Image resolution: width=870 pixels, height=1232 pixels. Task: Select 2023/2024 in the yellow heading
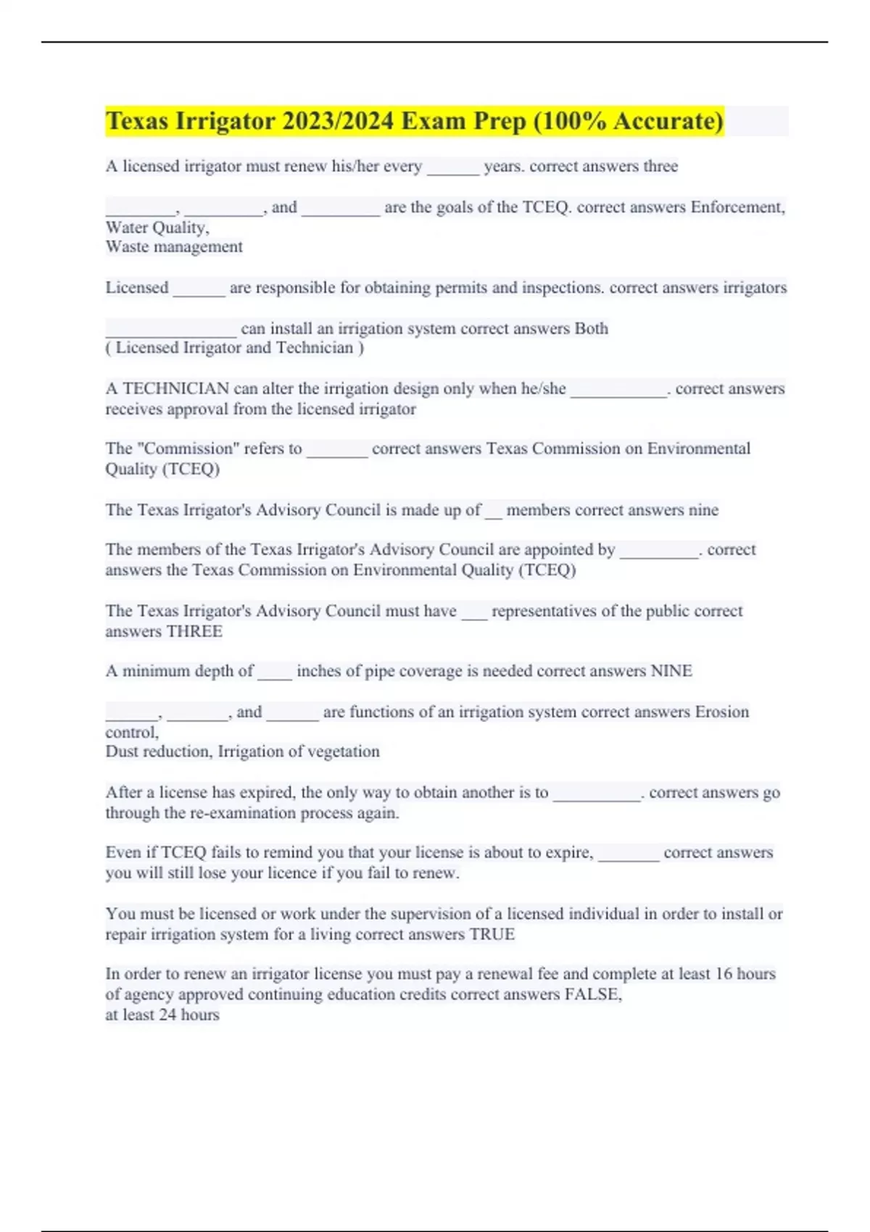pos(338,121)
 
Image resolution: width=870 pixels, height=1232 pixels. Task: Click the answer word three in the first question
pos(660,167)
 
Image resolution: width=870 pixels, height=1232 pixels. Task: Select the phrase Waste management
pos(174,247)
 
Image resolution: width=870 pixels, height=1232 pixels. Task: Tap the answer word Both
pos(591,328)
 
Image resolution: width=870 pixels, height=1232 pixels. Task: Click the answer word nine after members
pos(703,510)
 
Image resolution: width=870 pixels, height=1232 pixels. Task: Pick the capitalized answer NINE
pos(671,671)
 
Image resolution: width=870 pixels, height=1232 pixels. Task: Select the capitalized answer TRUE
pos(492,934)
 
